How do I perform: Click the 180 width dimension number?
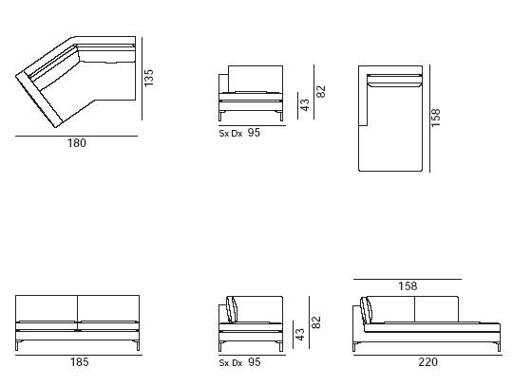[77, 143]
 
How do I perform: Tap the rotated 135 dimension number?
[148, 78]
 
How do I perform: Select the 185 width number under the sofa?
[80, 362]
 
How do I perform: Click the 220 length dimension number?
[427, 362]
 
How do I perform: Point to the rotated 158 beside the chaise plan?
[436, 118]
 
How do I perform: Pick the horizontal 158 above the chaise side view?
[408, 286]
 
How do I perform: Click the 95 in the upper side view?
[254, 132]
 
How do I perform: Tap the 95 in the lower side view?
[255, 362]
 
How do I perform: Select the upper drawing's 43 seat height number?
[305, 105]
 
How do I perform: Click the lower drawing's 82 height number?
[316, 322]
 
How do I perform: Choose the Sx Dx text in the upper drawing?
[231, 134]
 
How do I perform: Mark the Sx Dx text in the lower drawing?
[231, 363]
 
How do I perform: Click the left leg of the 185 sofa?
[17, 345]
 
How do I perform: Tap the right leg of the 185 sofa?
[138, 345]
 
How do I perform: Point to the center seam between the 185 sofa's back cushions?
[78, 308]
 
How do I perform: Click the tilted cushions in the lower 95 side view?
[233, 309]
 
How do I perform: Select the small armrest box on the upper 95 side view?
[223, 83]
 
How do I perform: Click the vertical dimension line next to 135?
[142, 79]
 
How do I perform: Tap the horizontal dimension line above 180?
[77, 136]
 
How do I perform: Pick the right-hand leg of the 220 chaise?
[499, 347]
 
